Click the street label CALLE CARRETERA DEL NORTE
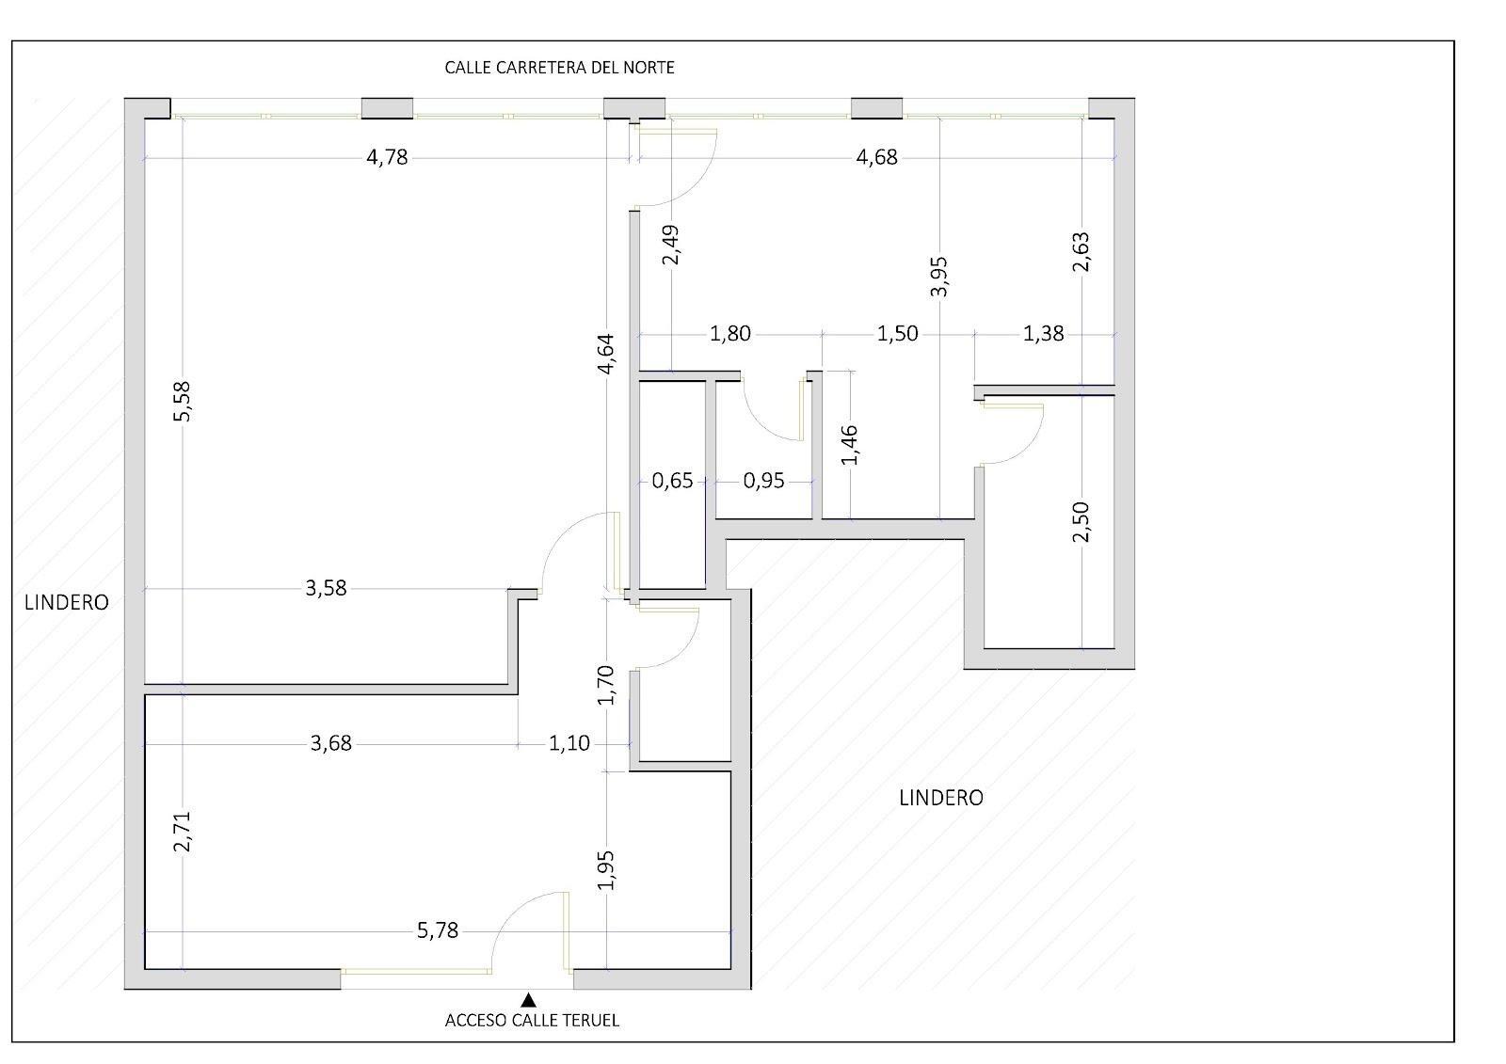(x=559, y=68)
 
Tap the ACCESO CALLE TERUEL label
(x=532, y=1021)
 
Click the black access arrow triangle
(x=528, y=999)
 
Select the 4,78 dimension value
(x=387, y=157)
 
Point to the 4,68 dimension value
(x=876, y=157)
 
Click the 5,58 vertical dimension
(x=183, y=402)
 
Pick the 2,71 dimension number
(x=183, y=832)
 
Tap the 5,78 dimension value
(x=438, y=931)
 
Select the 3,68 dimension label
(x=330, y=744)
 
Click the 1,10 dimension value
(x=569, y=744)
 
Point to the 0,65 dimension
(x=672, y=482)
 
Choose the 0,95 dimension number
(x=763, y=482)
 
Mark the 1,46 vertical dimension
(x=850, y=444)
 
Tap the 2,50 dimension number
(x=1081, y=521)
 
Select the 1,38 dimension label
(x=1044, y=334)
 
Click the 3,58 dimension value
(x=326, y=589)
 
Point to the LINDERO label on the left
(x=67, y=603)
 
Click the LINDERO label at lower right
(x=941, y=798)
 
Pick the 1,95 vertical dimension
(x=606, y=870)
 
